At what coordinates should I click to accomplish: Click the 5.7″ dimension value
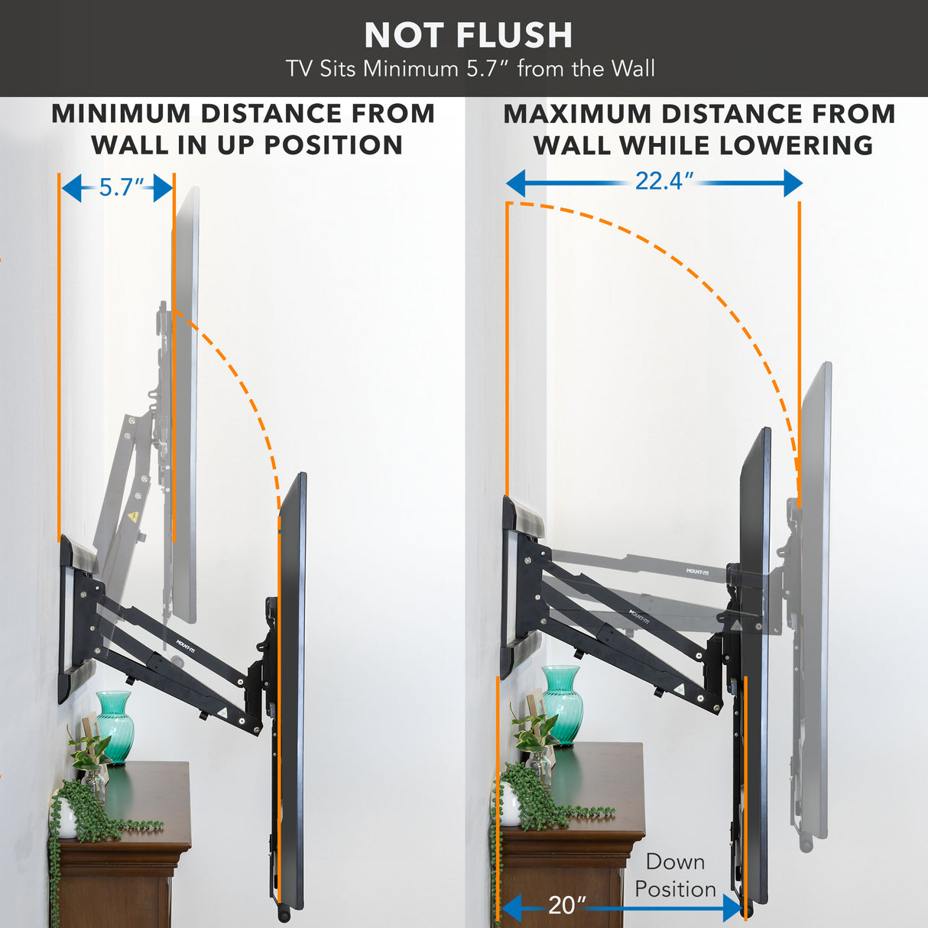[121, 187]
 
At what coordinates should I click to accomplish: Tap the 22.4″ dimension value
[664, 181]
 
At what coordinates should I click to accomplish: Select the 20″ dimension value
[566, 905]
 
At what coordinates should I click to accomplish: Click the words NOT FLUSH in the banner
[468, 35]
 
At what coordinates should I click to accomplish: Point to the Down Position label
[675, 875]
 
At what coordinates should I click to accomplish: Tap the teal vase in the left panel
[115, 726]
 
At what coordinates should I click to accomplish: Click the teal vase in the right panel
[562, 703]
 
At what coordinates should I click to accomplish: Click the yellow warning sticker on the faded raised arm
[134, 518]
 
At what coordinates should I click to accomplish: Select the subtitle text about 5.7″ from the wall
[470, 69]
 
